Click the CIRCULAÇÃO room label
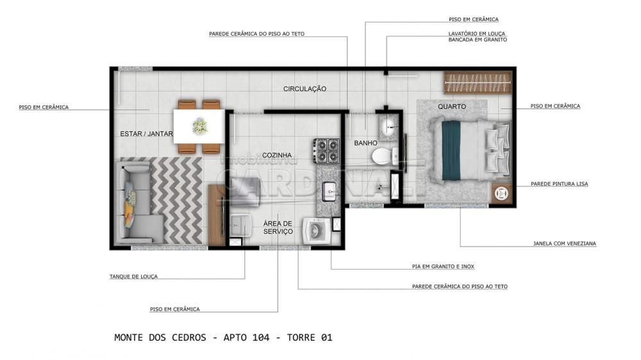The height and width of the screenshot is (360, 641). pyautogui.click(x=304, y=88)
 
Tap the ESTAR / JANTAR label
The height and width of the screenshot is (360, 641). pyautogui.click(x=146, y=134)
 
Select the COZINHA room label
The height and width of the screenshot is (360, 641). pyautogui.click(x=277, y=155)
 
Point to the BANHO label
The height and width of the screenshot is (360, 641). pyautogui.click(x=365, y=143)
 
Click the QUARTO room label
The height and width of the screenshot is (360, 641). pyautogui.click(x=452, y=106)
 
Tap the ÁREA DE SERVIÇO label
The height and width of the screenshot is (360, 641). pyautogui.click(x=278, y=227)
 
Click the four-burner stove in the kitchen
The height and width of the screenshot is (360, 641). pyautogui.click(x=327, y=151)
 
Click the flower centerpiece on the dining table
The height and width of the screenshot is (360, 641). pyautogui.click(x=200, y=126)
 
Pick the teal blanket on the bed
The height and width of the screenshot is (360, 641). pyautogui.click(x=451, y=150)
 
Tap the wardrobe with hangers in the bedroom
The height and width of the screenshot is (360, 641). pyautogui.click(x=478, y=83)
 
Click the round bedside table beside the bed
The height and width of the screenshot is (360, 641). pyautogui.click(x=501, y=193)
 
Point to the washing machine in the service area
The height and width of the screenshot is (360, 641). pyautogui.click(x=317, y=231)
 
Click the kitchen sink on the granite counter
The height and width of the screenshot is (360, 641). pyautogui.click(x=329, y=192)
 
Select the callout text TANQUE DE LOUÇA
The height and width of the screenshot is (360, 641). pyautogui.click(x=133, y=277)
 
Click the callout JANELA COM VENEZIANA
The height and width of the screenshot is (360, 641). pyautogui.click(x=565, y=243)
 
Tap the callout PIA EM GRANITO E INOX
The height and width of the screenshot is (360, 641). pyautogui.click(x=443, y=266)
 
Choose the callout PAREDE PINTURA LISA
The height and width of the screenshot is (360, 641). pyautogui.click(x=559, y=184)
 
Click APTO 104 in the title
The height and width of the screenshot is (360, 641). pyautogui.click(x=247, y=338)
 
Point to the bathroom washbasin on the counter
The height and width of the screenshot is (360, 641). pyautogui.click(x=388, y=127)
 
